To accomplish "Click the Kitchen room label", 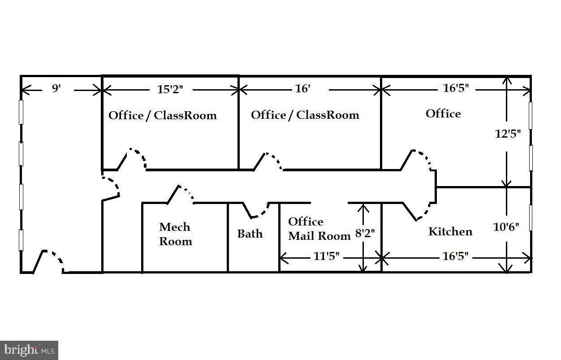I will click(x=450, y=231).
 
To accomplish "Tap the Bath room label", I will click(x=250, y=234).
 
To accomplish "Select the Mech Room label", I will click(x=175, y=234).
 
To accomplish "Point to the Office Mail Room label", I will click(x=319, y=229).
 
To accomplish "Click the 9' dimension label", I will click(x=56, y=88).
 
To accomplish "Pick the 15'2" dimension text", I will click(x=170, y=89).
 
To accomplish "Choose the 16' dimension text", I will click(x=302, y=89).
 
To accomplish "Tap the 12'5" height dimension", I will click(x=507, y=134).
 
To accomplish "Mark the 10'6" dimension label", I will click(x=506, y=227).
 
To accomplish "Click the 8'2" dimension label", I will click(x=364, y=233).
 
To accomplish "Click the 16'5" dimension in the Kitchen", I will click(x=455, y=256).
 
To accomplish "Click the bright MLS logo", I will click(x=29, y=349).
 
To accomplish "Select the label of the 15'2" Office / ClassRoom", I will click(x=163, y=115).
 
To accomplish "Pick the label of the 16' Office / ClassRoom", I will click(x=305, y=115).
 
